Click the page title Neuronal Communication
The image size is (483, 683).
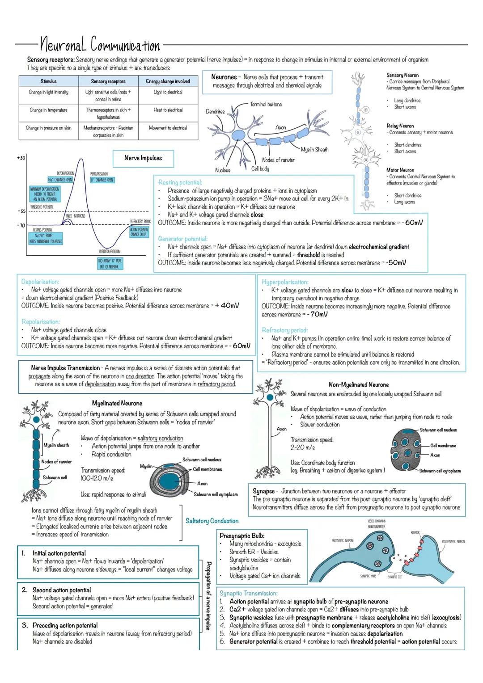[x=100, y=45]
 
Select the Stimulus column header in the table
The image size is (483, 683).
[x=48, y=81]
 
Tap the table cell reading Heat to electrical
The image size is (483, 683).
[x=168, y=110]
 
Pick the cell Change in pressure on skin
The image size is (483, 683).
[x=48, y=128]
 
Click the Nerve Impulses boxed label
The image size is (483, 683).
[x=143, y=158]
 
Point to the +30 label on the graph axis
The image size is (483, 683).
[x=21, y=158]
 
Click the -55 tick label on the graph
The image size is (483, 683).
[x=21, y=211]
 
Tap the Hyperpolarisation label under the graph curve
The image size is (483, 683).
[x=109, y=252]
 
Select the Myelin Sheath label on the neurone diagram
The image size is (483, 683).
[x=314, y=150]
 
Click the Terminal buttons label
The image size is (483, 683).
[x=266, y=105]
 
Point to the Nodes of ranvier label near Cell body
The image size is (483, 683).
[x=278, y=160]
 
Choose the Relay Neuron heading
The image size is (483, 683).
[x=400, y=126]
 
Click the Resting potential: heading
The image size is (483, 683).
[x=180, y=182]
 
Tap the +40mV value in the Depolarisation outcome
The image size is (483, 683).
[x=227, y=306]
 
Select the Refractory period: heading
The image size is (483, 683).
[x=284, y=330]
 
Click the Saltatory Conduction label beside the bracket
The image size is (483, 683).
[x=212, y=521]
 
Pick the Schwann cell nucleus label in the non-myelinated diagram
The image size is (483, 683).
[x=438, y=430]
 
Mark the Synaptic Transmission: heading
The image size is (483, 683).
[x=248, y=593]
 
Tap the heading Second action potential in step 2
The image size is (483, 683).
[x=62, y=590]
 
